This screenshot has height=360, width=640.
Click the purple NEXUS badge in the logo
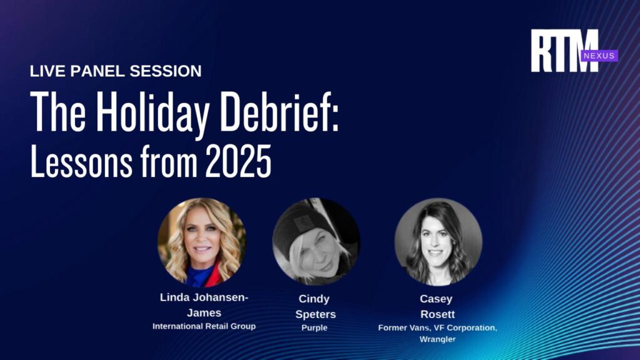(x=599, y=56)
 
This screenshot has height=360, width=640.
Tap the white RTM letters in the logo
(x=564, y=51)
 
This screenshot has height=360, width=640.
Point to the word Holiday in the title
(x=153, y=112)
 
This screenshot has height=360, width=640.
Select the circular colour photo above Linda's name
(x=202, y=242)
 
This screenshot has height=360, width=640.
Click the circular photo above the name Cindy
(x=316, y=242)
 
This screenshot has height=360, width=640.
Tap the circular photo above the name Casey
(x=438, y=242)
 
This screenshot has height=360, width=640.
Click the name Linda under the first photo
(x=176, y=297)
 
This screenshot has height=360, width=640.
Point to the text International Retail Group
(x=204, y=326)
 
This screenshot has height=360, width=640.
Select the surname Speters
(x=316, y=315)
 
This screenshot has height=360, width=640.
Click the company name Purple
(x=314, y=327)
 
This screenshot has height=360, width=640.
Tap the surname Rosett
(x=437, y=314)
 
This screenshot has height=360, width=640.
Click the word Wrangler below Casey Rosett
(x=437, y=339)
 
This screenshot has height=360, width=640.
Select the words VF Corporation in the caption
(x=465, y=327)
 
